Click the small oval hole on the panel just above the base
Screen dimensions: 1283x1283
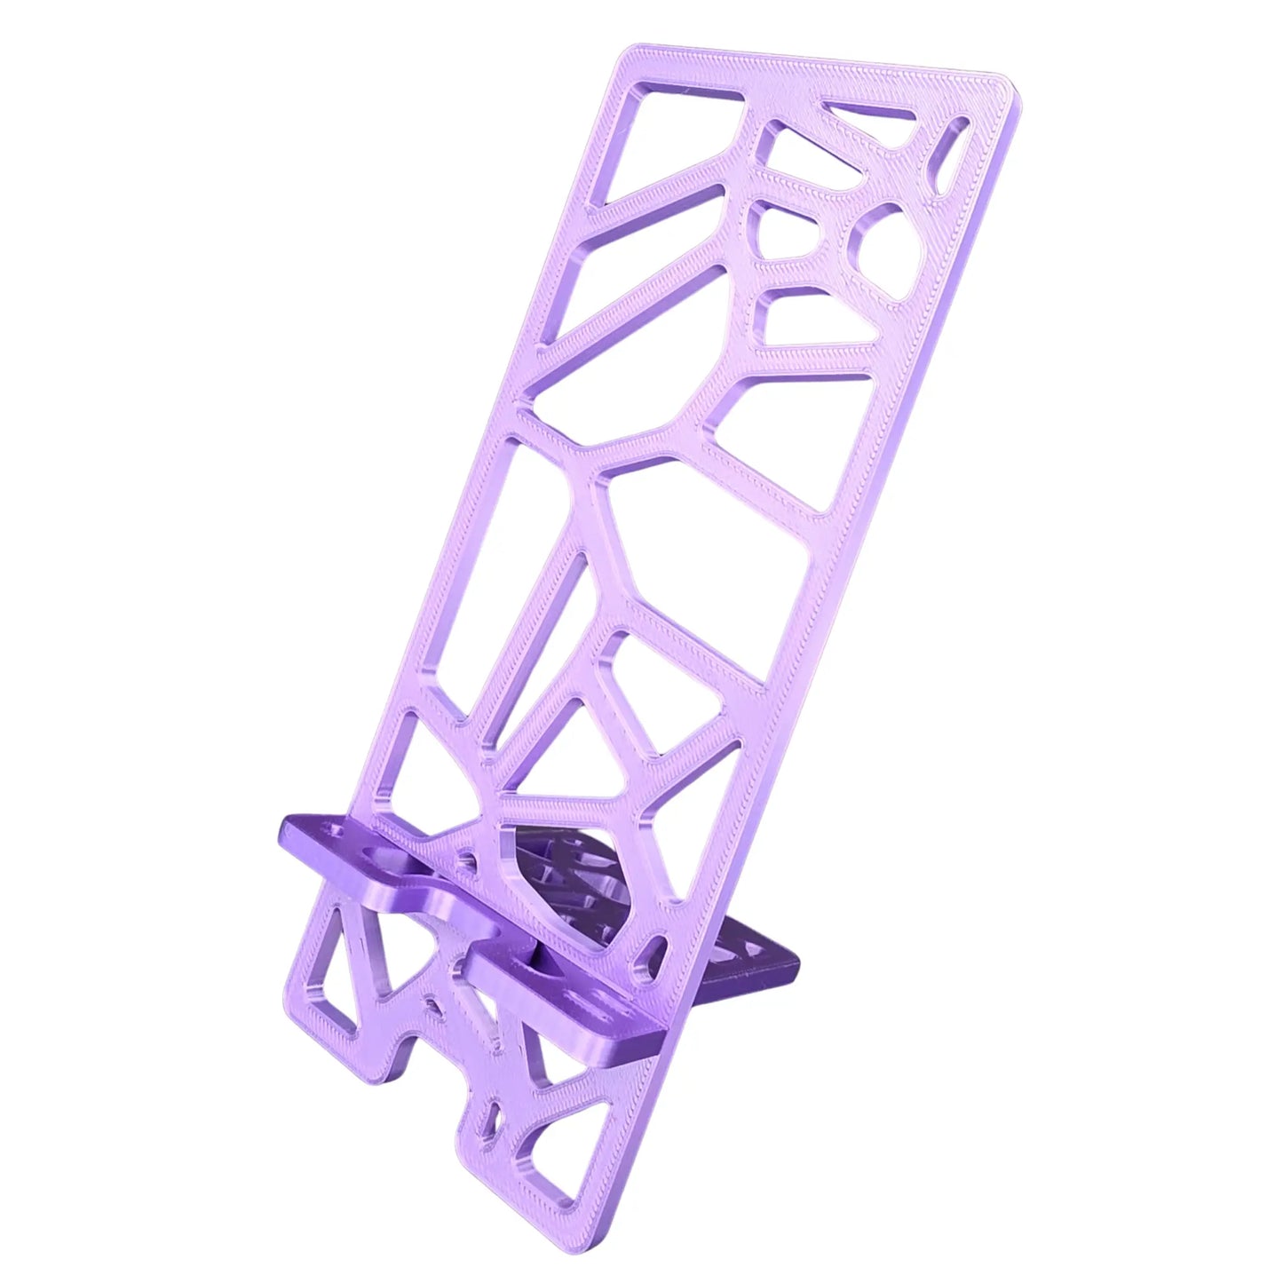(658, 945)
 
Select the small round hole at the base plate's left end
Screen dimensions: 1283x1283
(336, 834)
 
